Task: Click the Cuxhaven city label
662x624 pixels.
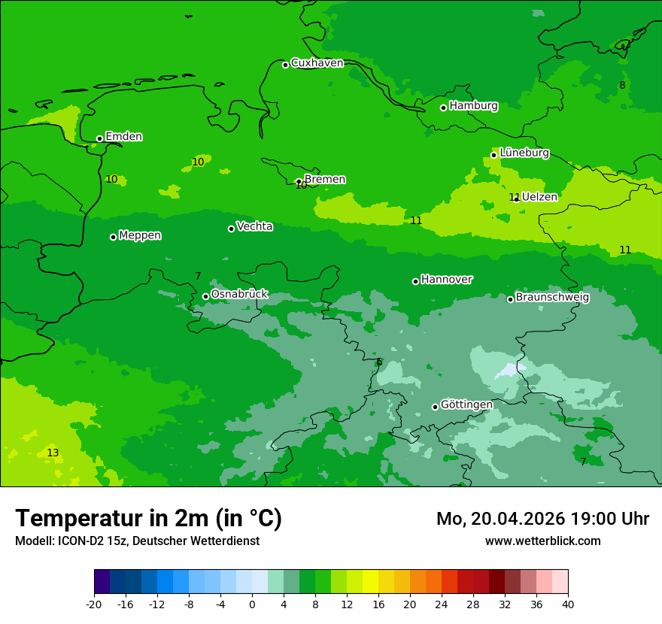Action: coord(317,63)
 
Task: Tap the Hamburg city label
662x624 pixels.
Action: coord(473,106)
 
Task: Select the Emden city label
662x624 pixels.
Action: coord(123,137)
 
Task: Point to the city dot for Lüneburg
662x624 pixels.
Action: coord(493,155)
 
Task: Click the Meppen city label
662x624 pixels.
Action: coord(140,235)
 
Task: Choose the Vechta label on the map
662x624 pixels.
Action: coord(254,226)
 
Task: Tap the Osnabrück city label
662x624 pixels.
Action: coord(239,294)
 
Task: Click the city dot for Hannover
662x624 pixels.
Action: coord(415,281)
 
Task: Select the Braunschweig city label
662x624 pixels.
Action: coord(552,297)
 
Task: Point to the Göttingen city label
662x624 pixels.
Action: coord(466,404)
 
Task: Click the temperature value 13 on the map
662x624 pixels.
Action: coord(53,453)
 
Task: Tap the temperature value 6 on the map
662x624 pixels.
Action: coord(379,362)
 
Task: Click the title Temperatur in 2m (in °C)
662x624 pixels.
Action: coord(148,519)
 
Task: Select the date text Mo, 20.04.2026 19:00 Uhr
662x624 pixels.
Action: coord(542,519)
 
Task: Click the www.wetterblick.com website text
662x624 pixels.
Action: coord(542,541)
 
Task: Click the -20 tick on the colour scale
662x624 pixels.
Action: coord(94,604)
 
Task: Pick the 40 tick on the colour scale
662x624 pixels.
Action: coord(567,604)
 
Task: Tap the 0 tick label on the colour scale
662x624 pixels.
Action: coord(252,604)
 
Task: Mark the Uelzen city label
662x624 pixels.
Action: coord(539,197)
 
